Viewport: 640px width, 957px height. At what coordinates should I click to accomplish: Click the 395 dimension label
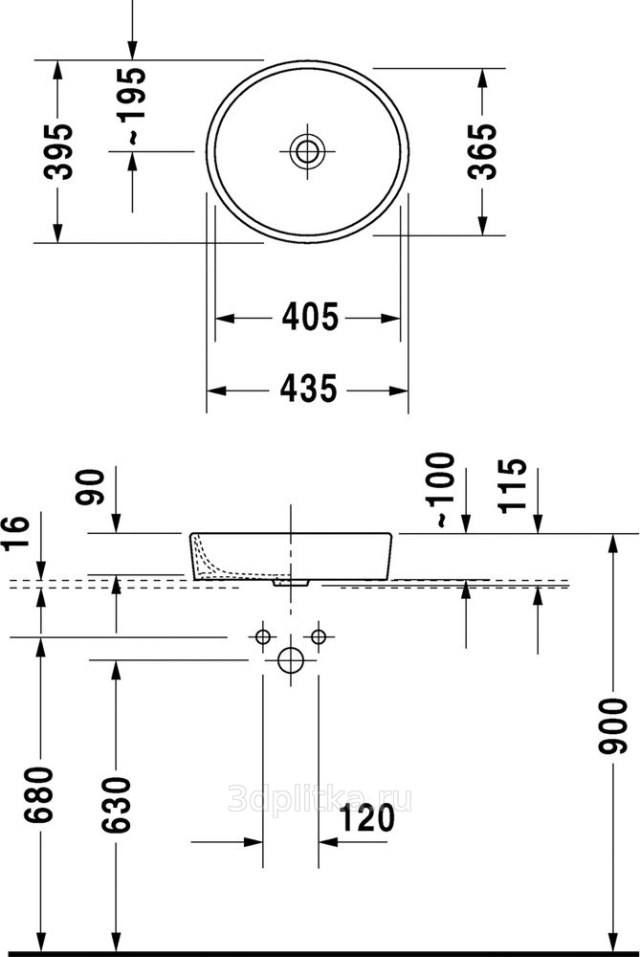pyautogui.click(x=58, y=151)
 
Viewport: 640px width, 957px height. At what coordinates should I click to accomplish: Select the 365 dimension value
pyautogui.click(x=482, y=151)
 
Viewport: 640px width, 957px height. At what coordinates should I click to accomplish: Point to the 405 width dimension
pyautogui.click(x=309, y=318)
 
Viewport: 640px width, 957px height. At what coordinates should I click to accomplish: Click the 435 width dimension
pyautogui.click(x=308, y=389)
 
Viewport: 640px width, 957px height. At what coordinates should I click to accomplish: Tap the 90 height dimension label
pyautogui.click(x=90, y=486)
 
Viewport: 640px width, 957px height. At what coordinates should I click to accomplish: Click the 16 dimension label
pyautogui.click(x=15, y=533)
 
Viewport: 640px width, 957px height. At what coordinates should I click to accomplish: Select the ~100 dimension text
pyautogui.click(x=442, y=489)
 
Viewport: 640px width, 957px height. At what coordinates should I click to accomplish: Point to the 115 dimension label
pyautogui.click(x=511, y=485)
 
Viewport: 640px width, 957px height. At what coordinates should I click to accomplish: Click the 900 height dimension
pyautogui.click(x=612, y=727)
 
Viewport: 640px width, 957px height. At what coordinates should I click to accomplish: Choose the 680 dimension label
pyautogui.click(x=39, y=795)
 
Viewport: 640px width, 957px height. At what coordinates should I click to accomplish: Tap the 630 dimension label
pyautogui.click(x=116, y=805)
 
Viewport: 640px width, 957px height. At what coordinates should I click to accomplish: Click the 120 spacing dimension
pyautogui.click(x=366, y=818)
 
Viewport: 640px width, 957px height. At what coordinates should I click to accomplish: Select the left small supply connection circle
pyautogui.click(x=262, y=637)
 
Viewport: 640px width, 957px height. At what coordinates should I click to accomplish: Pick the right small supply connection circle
pyautogui.click(x=319, y=637)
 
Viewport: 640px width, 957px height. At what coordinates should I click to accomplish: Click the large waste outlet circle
pyautogui.click(x=291, y=659)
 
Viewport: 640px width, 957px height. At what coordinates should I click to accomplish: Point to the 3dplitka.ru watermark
pyautogui.click(x=320, y=799)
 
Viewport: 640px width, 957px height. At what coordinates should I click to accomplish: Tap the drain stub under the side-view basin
pyautogui.click(x=292, y=584)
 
